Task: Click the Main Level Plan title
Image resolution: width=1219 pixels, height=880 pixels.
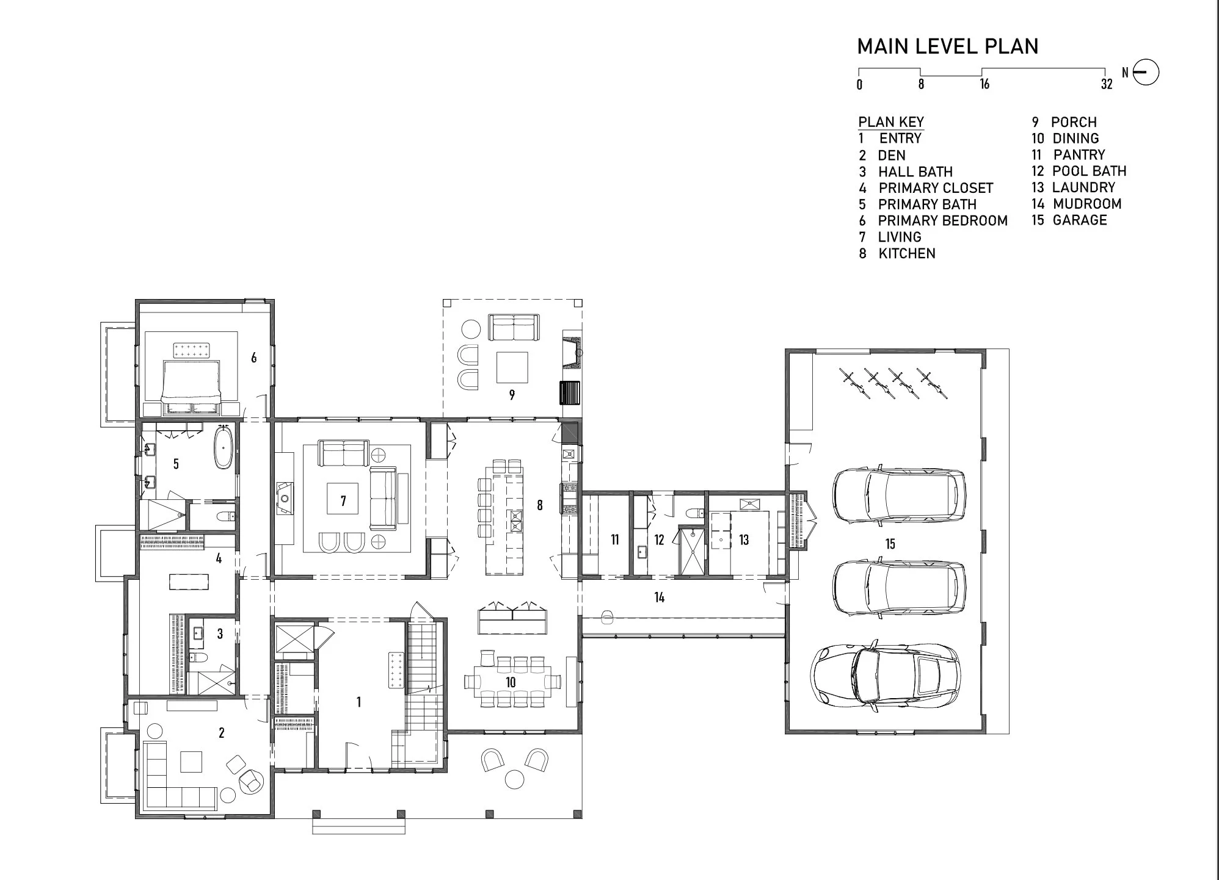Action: (947, 46)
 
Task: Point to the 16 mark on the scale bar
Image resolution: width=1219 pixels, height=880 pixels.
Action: (984, 84)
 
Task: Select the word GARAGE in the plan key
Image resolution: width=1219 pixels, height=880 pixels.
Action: (1080, 220)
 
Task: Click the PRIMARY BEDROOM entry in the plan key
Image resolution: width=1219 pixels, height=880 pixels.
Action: (942, 221)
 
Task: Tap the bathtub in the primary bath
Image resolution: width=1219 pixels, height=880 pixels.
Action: (224, 447)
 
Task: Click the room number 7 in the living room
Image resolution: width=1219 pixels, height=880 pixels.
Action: (343, 501)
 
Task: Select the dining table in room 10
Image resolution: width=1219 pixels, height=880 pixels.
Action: (512, 681)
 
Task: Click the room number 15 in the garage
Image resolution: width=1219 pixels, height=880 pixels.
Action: (890, 544)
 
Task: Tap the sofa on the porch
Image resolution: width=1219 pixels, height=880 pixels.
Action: (514, 328)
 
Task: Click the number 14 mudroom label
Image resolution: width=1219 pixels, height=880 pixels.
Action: (660, 597)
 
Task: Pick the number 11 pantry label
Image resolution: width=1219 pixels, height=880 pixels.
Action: (614, 539)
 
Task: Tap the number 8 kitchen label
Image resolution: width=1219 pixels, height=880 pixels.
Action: (540, 505)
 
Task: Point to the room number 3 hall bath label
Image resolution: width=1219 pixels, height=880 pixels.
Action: (220, 634)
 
